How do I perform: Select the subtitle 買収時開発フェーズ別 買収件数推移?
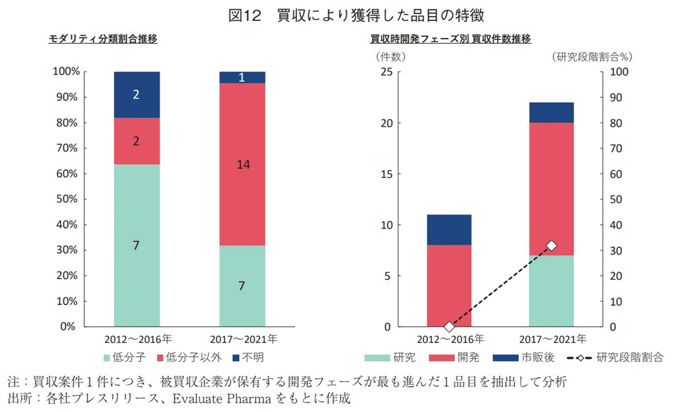(450, 39)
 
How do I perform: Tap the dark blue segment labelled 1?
(242, 77)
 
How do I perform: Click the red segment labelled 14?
(242, 164)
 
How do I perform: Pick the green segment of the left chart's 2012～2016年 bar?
(136, 246)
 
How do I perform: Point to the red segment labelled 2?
(136, 141)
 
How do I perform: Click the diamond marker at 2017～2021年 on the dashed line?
(551, 246)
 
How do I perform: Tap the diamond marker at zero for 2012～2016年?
(449, 327)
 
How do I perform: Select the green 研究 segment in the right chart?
(551, 291)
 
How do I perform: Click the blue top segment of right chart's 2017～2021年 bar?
(551, 113)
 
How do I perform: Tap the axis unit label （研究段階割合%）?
(592, 56)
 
